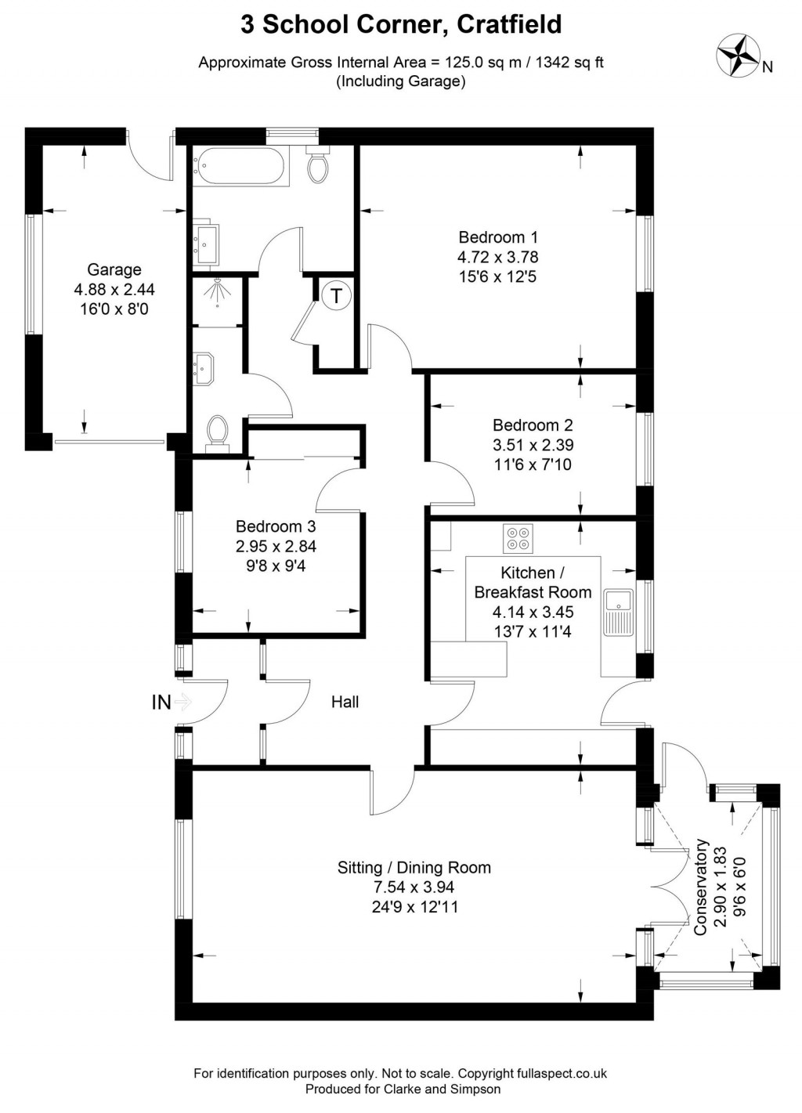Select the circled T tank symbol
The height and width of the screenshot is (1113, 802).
point(337,296)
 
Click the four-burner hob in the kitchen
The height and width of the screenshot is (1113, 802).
point(518,538)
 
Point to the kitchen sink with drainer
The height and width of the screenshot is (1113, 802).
point(619,613)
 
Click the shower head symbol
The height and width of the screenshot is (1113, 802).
point(217,293)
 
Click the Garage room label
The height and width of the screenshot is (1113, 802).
point(114,269)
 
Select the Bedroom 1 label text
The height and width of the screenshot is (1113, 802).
point(498,237)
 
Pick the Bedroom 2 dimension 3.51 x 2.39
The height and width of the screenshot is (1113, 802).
point(533,445)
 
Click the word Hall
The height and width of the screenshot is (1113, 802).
point(345,702)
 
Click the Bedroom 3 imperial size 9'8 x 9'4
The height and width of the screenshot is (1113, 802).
point(276,566)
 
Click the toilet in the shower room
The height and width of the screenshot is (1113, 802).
point(218,433)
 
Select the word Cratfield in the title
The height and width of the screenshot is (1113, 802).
point(509,23)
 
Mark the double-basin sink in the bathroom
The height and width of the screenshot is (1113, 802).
point(205,243)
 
